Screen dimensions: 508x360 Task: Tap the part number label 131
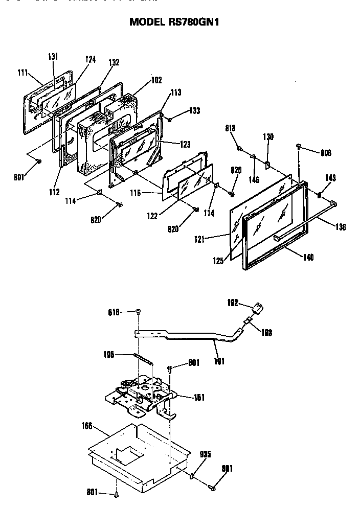pos(54,56)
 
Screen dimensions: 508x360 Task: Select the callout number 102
pos(156,80)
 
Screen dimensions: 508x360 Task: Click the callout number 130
pos(269,136)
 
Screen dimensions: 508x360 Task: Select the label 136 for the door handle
pos(341,226)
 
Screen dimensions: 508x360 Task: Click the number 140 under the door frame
pos(308,257)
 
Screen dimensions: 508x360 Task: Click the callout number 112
pos(54,192)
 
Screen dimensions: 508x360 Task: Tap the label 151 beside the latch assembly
pos(199,397)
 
